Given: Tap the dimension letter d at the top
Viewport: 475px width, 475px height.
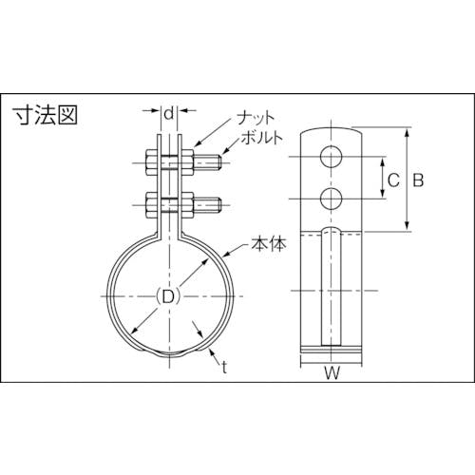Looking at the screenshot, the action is [170, 113].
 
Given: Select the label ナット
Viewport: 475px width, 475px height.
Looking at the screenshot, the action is [256, 118].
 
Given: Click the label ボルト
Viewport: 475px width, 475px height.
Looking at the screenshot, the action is [261, 138].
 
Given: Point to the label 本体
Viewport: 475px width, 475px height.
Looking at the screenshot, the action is [269, 244].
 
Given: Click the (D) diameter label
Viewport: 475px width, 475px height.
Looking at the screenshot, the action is [168, 296].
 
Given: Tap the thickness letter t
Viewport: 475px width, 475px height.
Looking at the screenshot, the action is [224, 368].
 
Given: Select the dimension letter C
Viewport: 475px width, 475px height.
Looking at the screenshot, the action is [393, 180].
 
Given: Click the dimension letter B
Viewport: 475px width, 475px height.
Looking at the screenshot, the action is [418, 180].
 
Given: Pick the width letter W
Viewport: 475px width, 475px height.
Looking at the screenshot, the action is [332, 373].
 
